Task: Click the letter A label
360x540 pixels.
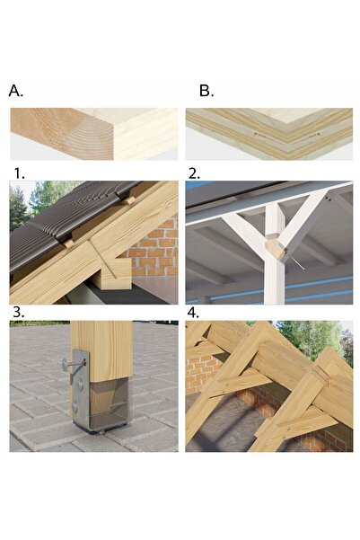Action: click(x=16, y=91)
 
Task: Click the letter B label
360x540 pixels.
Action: click(x=206, y=91)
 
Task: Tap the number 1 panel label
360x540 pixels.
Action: click(x=19, y=173)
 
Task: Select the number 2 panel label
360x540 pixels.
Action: click(x=194, y=173)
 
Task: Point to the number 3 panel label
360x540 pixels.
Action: click(x=19, y=313)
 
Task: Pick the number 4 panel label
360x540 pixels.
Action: click(x=193, y=313)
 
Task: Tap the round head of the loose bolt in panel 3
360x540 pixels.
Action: click(x=66, y=363)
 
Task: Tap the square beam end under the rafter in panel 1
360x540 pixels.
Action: click(x=114, y=274)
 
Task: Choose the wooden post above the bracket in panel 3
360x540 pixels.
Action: click(x=101, y=351)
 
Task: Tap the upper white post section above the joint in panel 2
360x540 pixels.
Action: click(x=276, y=220)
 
